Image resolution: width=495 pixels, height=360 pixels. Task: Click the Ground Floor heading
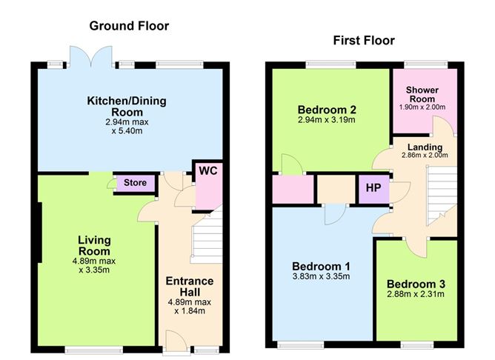[129, 26]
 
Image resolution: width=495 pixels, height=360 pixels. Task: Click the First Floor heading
[364, 41]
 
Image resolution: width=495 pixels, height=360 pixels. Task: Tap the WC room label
[208, 171]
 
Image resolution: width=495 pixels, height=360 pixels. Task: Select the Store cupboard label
[135, 183]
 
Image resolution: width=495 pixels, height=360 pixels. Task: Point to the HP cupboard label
[373, 188]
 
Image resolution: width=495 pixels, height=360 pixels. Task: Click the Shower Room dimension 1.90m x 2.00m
[422, 107]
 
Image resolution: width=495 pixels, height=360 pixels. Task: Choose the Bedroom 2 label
[327, 110]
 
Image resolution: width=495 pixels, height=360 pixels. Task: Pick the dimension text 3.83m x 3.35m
[321, 277]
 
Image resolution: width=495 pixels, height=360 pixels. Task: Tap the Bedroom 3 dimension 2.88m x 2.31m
[416, 294]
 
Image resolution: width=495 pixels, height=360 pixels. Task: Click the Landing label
[425, 147]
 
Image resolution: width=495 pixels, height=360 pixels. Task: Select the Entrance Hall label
[190, 287]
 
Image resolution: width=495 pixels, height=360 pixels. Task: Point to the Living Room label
[94, 246]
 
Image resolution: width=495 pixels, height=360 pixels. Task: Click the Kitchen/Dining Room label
[127, 107]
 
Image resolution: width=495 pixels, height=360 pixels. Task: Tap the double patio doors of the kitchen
[91, 57]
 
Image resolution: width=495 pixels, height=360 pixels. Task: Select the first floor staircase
[442, 196]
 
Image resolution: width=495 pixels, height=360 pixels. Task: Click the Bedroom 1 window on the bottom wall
[301, 345]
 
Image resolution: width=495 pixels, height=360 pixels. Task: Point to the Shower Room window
[426, 64]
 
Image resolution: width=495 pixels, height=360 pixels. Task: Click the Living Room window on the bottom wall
[94, 350]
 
